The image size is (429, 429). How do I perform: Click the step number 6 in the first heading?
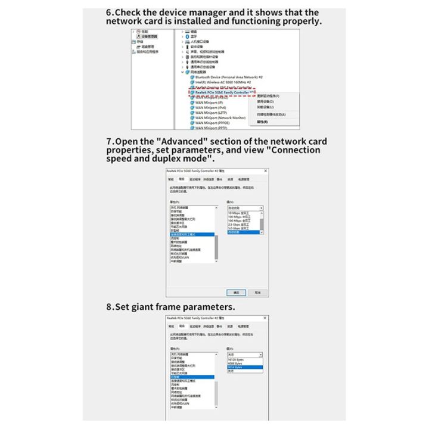109,13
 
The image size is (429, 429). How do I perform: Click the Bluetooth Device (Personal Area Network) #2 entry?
229,77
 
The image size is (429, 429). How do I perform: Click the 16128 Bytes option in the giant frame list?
236,360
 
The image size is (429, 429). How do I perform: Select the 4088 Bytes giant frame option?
235,363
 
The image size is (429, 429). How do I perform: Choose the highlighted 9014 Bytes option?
235,367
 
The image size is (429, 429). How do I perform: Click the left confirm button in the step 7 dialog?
236,292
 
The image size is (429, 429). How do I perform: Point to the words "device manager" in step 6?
195,13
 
